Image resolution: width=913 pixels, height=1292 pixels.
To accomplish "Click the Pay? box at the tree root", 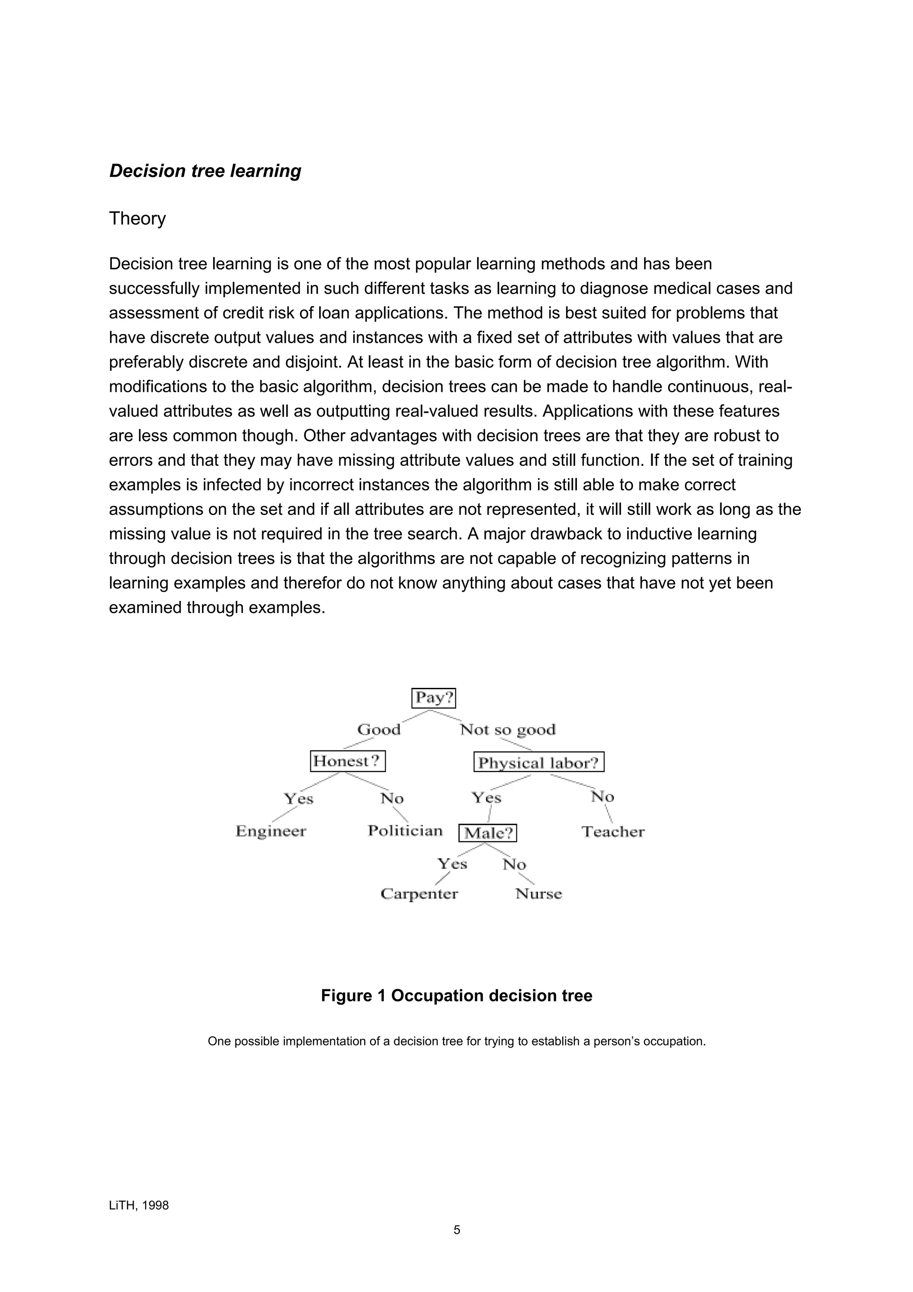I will pos(433,698).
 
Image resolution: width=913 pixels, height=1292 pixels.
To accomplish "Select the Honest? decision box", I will pos(348,761).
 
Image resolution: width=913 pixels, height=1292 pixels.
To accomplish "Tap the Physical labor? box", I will pos(539,763).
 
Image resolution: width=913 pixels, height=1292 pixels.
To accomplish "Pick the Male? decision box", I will pos(488,833).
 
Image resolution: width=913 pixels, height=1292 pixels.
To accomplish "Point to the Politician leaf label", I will pos(405,831).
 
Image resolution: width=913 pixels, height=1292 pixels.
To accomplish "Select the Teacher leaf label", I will pos(613,832).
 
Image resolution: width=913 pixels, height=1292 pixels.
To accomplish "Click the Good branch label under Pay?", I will pos(378,730).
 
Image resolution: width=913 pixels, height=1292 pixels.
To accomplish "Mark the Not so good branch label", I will pos(507,730).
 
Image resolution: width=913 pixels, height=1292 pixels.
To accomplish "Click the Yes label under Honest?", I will pos(298,798).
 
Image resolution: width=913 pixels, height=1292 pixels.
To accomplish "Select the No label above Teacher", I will pos(602,797).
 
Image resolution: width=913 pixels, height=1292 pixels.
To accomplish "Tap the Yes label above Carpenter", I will pos(452,864).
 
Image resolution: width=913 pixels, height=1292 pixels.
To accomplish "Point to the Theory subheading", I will pos(137,218).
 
